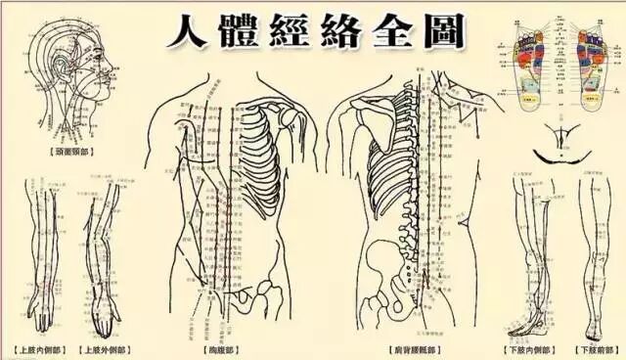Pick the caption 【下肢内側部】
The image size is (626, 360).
pos(526,348)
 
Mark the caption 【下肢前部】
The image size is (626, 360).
pos(595,348)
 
